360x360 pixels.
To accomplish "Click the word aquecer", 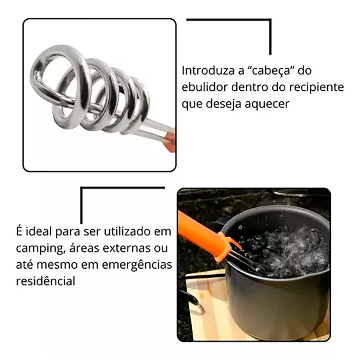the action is [x=267, y=104].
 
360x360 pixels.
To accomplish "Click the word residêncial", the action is [x=46, y=281].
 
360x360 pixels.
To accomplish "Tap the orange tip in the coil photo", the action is [x=169, y=142].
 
